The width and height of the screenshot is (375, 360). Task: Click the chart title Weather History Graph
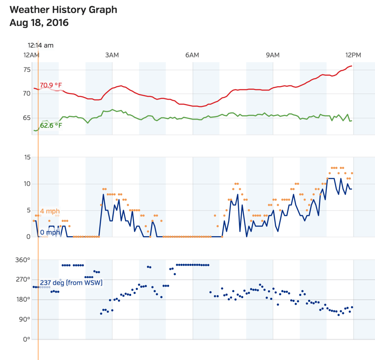click(x=63, y=10)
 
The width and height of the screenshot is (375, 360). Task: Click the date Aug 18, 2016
click(x=39, y=23)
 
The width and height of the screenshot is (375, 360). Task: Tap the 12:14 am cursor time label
click(x=41, y=45)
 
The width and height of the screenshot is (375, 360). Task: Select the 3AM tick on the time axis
click(x=112, y=55)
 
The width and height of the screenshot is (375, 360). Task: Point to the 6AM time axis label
click(x=192, y=55)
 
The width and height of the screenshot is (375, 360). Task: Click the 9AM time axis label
click(x=272, y=55)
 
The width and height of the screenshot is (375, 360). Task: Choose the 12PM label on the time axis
click(x=353, y=55)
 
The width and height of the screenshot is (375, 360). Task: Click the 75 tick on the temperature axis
click(x=27, y=70)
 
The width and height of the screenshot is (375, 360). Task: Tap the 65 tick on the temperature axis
click(x=27, y=118)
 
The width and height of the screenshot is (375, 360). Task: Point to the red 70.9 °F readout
click(x=51, y=85)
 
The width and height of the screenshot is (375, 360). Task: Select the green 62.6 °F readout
click(x=51, y=126)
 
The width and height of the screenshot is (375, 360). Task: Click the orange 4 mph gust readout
click(x=50, y=211)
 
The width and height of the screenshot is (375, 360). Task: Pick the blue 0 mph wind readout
click(x=50, y=233)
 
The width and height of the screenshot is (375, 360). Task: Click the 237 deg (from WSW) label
click(x=71, y=283)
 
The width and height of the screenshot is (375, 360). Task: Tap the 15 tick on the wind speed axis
click(x=27, y=157)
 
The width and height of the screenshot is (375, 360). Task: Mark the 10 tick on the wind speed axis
click(x=27, y=184)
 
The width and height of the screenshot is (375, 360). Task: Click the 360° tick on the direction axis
click(x=23, y=260)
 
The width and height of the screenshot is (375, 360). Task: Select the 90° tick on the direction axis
click(x=24, y=319)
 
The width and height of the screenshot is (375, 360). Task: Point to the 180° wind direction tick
click(x=23, y=299)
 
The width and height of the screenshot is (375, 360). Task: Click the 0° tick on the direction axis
click(x=26, y=339)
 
